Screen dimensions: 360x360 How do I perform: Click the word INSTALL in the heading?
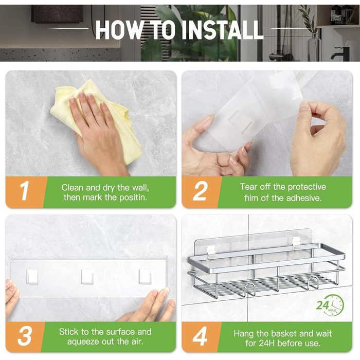click(x=222, y=30)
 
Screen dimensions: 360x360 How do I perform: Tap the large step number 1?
click(x=24, y=191)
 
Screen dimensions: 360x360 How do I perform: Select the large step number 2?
click(x=200, y=191)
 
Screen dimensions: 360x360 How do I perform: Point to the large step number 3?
click(x=25, y=336)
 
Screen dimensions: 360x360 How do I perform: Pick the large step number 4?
click(x=200, y=336)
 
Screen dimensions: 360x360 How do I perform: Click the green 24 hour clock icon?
click(x=330, y=305)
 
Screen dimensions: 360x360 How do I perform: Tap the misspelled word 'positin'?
click(x=133, y=197)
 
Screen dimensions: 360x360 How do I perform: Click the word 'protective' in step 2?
click(x=307, y=187)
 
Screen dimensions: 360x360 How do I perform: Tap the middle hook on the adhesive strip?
click(x=87, y=277)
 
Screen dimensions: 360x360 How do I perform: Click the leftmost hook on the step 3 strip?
click(x=32, y=277)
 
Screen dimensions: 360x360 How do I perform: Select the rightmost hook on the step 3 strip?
click(x=145, y=277)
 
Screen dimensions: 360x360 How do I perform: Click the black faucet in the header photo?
click(x=340, y=53)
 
